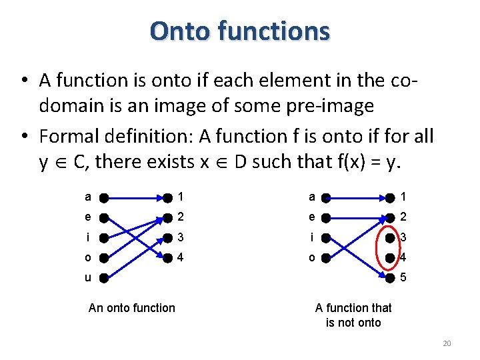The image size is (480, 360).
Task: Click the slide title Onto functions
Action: coord(240,31)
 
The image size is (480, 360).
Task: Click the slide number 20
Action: coord(447,343)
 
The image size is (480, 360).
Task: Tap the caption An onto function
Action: coord(131,307)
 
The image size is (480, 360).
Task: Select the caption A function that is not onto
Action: coord(353,315)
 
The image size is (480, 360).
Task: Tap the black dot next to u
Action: coord(105,277)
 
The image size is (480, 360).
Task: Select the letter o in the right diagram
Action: coord(310,257)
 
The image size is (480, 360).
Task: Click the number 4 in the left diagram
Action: coord(181,257)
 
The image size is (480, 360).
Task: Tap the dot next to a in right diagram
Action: coord(325,197)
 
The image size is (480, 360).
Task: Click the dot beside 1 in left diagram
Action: coord(167,197)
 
